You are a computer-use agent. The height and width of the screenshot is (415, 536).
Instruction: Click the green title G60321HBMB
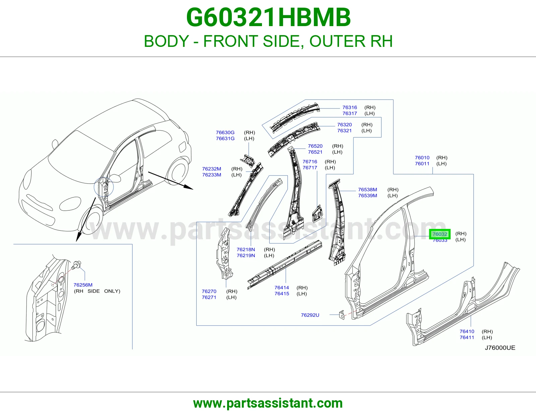coord(268,17)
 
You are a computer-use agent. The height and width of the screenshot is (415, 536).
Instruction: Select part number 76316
coord(349,107)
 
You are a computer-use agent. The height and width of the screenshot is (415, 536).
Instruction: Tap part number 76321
coord(344,131)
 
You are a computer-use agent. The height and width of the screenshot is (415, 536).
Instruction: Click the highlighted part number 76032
coord(440,234)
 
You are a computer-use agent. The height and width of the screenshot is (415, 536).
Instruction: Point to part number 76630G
coord(225,133)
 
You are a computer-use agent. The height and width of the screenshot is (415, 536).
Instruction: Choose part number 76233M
coord(212,175)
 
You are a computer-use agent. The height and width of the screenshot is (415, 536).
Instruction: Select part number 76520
coord(315,146)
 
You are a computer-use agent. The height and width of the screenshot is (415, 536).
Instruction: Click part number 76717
coord(310,168)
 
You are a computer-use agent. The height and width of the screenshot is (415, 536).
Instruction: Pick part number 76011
coord(422,164)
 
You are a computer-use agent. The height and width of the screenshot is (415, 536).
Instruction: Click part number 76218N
coord(246,250)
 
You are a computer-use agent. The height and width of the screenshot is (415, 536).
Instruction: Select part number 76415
coord(282,294)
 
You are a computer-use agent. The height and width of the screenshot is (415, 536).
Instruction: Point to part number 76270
coord(209,291)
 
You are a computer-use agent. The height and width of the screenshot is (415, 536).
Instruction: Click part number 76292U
coord(310,315)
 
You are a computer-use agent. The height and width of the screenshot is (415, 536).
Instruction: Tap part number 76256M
coord(83,285)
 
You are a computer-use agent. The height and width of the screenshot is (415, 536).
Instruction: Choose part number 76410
coord(467,331)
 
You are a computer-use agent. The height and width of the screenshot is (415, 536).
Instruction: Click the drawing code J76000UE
coord(500,348)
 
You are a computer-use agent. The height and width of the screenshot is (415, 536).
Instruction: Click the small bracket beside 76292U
coord(342,315)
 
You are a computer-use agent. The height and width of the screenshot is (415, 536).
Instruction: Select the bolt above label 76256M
coord(76,265)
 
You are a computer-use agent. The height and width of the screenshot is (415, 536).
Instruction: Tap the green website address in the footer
coord(268,403)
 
